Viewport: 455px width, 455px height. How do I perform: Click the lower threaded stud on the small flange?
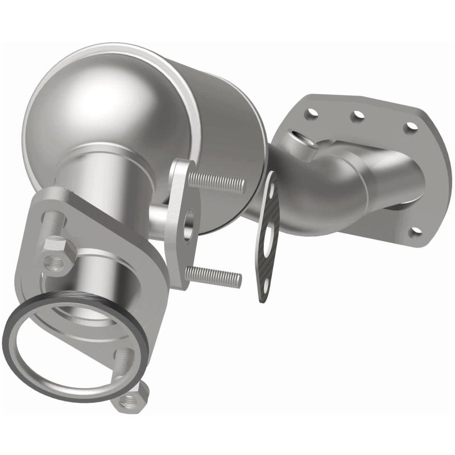213,277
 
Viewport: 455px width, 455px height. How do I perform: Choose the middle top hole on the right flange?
358,115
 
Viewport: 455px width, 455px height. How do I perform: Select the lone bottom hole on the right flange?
416,231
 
